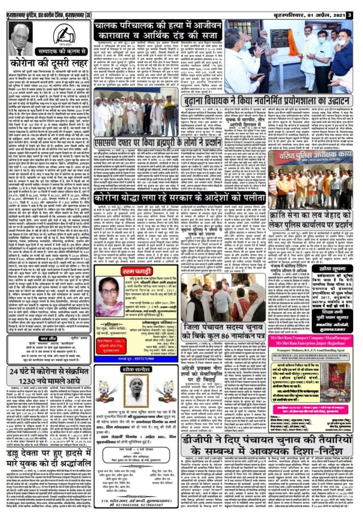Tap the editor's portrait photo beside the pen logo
pyautogui.click(x=21, y=39)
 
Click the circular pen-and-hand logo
pyautogui.click(x=64, y=35)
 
